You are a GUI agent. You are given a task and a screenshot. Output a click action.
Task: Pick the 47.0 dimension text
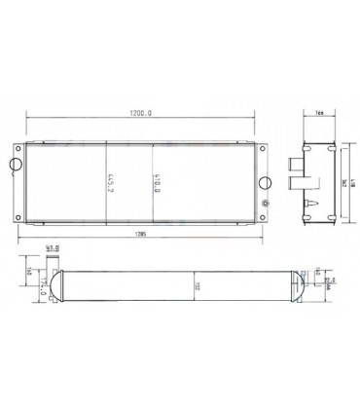click(54, 250)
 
